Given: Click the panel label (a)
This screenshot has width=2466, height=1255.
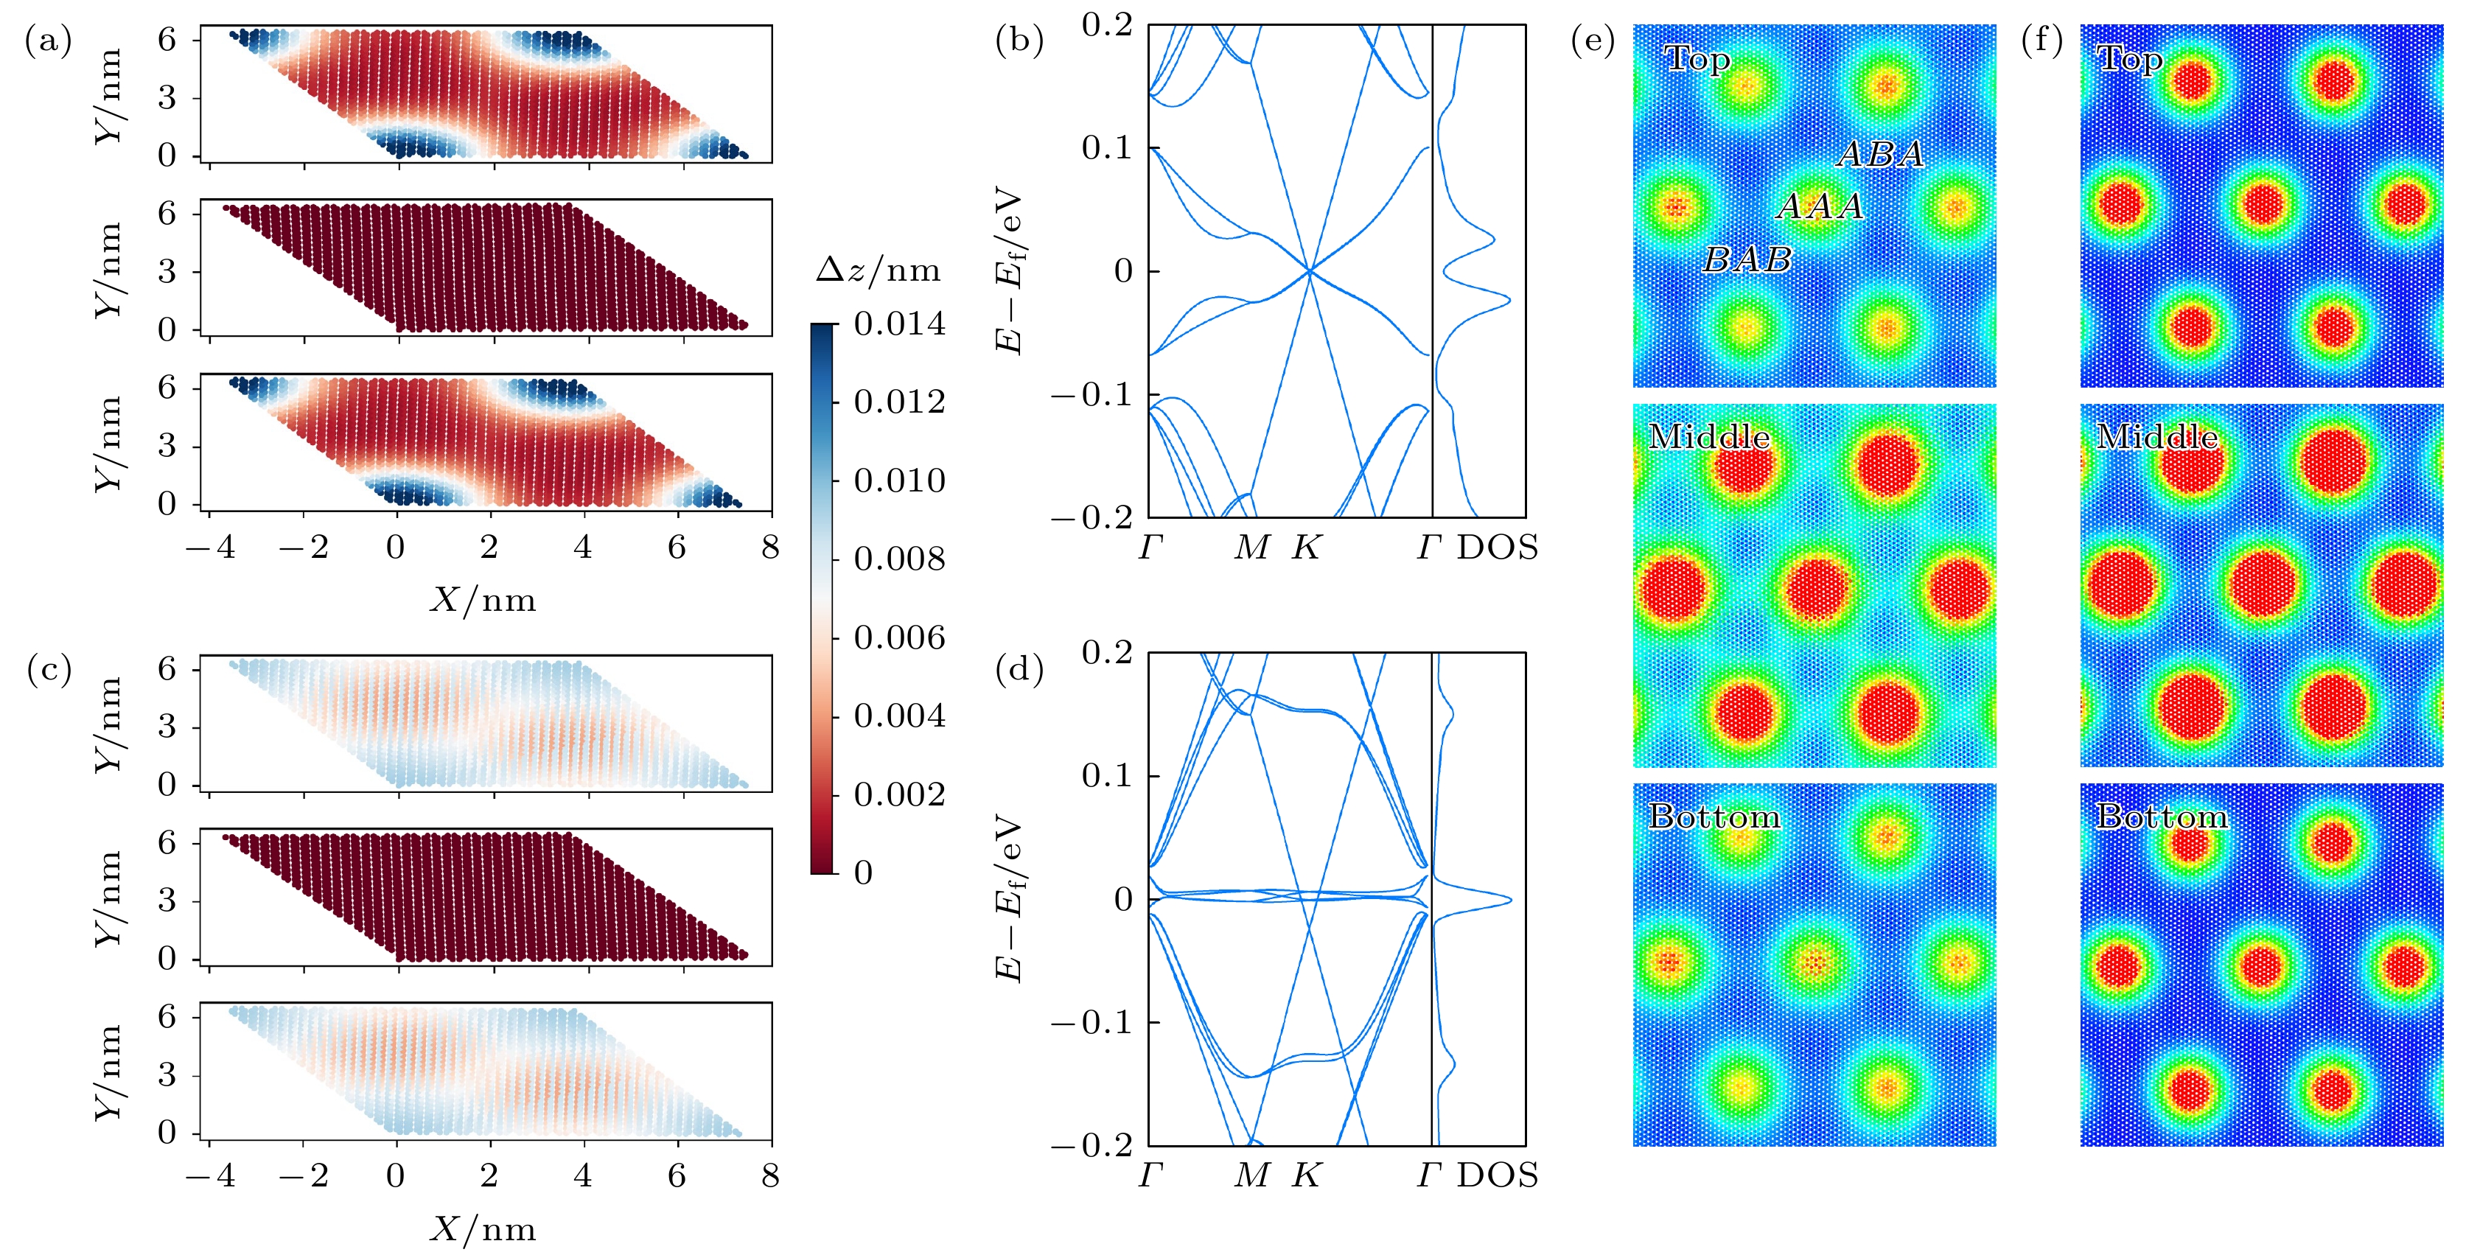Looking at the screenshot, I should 48,41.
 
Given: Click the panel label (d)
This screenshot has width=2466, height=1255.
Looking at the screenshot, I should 1019,669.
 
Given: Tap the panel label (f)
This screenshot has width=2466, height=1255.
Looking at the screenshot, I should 2042,41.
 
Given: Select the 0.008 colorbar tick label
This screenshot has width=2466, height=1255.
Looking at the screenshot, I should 899,559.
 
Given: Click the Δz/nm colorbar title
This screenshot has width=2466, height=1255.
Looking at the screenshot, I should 878,271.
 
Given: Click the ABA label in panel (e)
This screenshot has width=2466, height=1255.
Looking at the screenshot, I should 1880,154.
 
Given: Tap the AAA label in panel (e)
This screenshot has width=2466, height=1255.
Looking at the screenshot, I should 1820,206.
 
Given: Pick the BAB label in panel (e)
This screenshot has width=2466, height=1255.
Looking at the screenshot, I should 1747,259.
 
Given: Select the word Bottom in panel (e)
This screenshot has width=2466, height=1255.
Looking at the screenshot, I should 1714,817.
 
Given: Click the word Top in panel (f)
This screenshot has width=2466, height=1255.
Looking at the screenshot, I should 2129,60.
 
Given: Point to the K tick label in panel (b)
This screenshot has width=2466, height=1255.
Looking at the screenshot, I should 1307,548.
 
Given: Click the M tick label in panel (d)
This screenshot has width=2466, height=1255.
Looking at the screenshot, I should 1252,1175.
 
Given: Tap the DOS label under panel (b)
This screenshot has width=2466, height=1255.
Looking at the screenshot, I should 1498,548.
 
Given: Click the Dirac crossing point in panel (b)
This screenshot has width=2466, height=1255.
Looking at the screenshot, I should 1310,271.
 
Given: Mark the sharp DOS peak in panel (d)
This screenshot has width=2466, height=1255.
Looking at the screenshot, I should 1509,900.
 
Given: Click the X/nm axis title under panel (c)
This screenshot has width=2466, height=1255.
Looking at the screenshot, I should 483,1228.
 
